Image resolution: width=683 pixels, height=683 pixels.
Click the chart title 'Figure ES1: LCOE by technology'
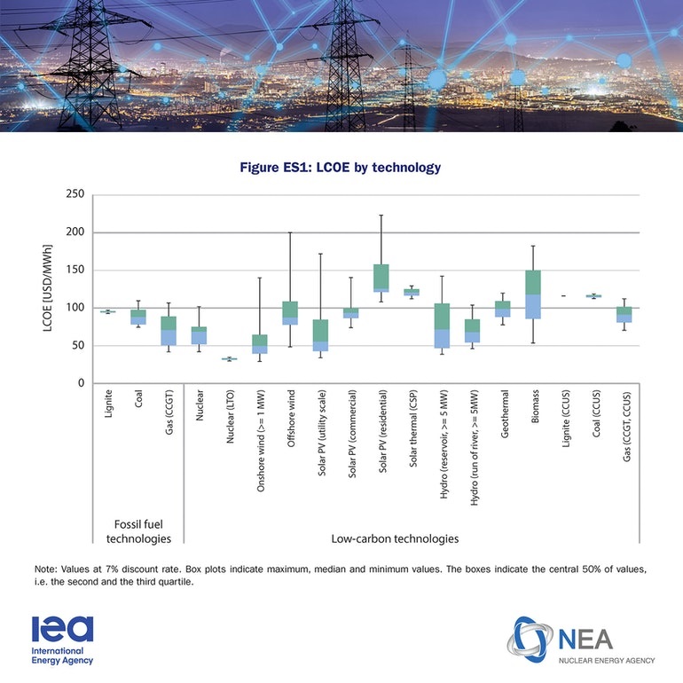(341, 167)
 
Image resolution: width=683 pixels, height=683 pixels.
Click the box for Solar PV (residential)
(381, 278)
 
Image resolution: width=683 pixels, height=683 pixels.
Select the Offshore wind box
(290, 313)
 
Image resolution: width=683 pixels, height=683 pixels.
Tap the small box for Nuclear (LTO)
(229, 359)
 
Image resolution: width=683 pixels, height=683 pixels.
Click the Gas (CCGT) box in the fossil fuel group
(169, 330)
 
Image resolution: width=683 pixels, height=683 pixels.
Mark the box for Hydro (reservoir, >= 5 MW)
(442, 326)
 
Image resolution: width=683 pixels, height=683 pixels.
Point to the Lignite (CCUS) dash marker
(564, 295)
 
